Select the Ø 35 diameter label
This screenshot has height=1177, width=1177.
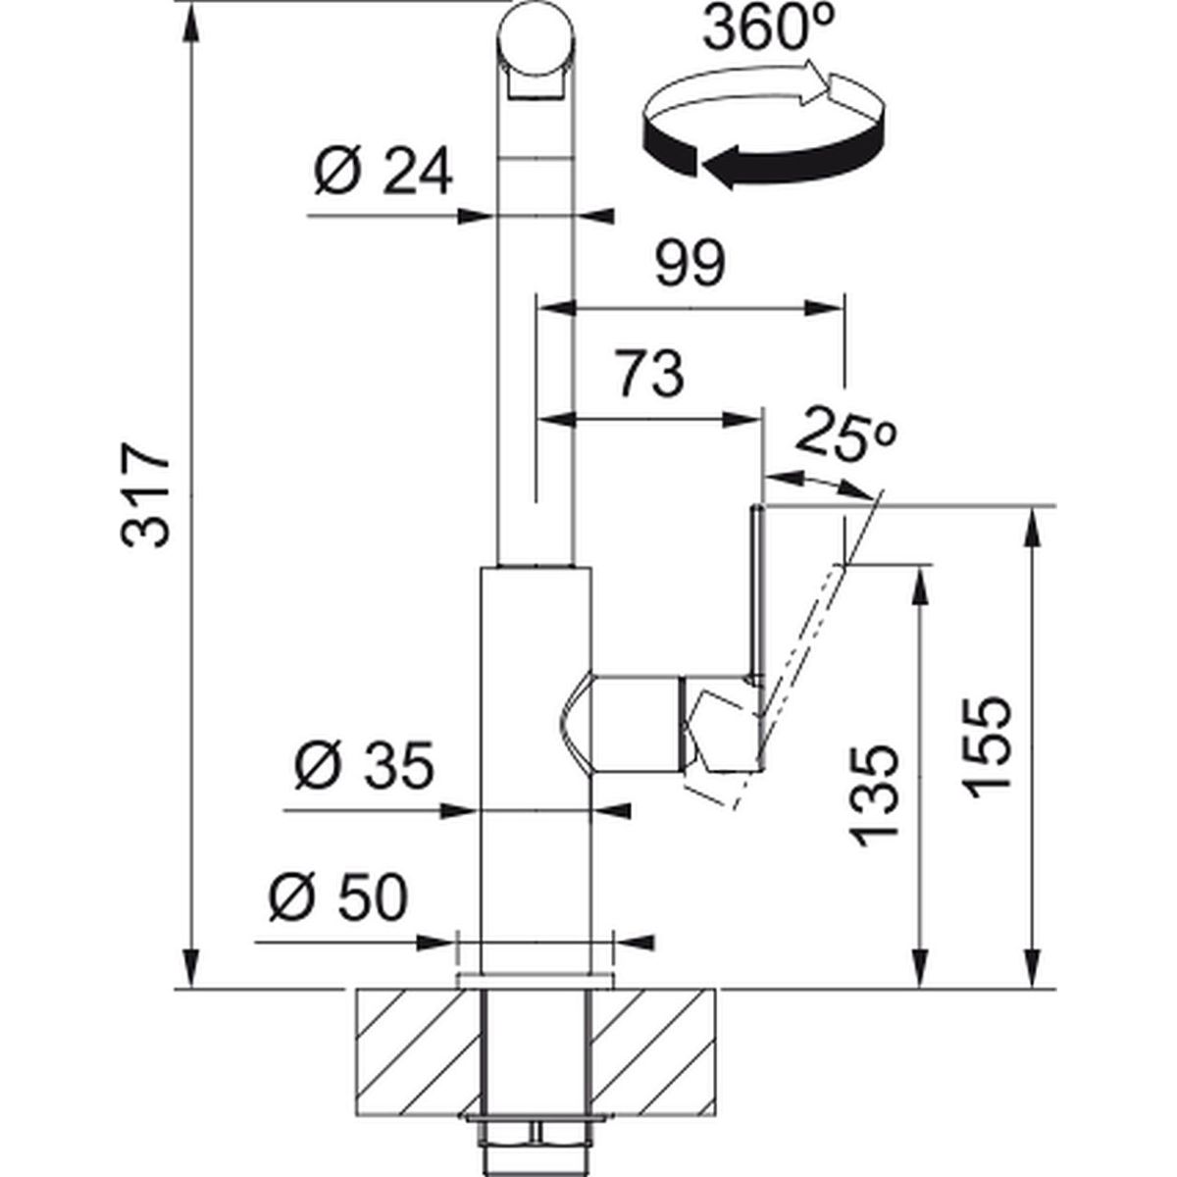tap(363, 768)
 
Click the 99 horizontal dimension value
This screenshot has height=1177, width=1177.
tap(690, 263)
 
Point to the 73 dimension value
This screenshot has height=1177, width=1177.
tap(648, 374)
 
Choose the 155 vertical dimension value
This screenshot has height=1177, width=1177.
tap(985, 748)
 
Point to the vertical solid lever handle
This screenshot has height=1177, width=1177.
tap(758, 588)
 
